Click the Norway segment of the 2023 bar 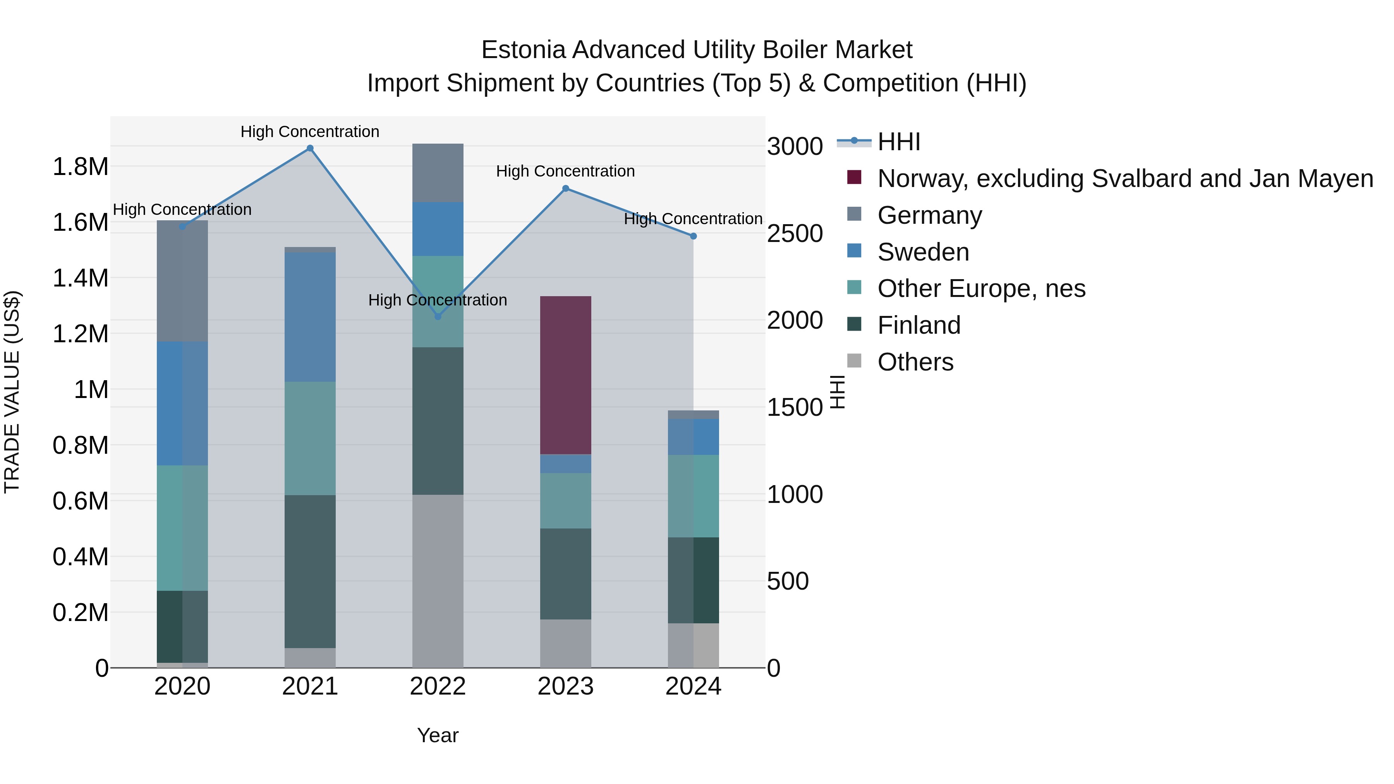tap(565, 375)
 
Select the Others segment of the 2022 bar tap(438, 581)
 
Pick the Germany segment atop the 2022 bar tap(438, 173)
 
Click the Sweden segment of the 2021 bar tap(310, 317)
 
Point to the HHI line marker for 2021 tap(310, 148)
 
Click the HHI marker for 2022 tap(438, 317)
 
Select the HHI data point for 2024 tap(693, 236)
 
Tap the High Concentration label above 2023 tap(565, 171)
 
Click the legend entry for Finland tap(919, 325)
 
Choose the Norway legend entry tap(1124, 178)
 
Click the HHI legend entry tap(898, 142)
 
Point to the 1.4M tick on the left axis tap(81, 278)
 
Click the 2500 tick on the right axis tap(795, 234)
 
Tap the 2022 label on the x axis tap(438, 686)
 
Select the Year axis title tap(438, 735)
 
